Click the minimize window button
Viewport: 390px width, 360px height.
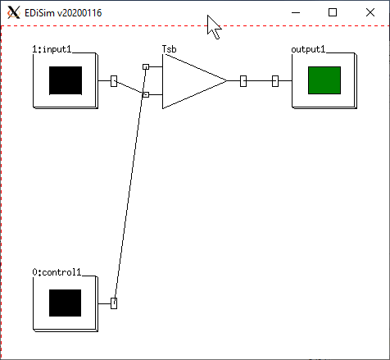296,12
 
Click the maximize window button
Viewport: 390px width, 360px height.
333,12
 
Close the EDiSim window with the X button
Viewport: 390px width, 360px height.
370,12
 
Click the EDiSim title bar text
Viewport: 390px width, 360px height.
63,13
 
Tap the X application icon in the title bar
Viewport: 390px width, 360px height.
14,12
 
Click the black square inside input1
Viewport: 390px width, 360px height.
66,80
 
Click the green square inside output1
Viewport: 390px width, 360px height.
324,80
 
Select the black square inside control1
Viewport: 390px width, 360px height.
65,303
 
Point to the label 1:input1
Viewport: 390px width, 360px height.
52,49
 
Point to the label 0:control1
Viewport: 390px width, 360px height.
57,272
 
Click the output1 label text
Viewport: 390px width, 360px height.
308,49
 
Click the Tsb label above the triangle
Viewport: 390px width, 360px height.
170,49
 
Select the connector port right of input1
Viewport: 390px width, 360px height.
114,81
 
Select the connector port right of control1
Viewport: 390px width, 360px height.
114,303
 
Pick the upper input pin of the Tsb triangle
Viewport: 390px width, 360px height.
146,66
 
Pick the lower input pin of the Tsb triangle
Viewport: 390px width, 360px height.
146,94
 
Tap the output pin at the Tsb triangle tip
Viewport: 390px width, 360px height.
243,81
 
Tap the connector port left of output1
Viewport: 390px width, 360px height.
275,81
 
